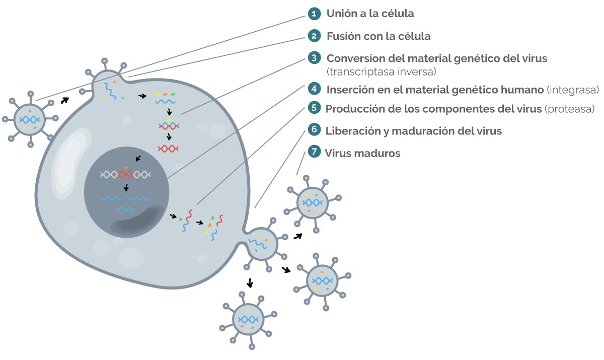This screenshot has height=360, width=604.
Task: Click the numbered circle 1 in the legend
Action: pyautogui.click(x=314, y=14)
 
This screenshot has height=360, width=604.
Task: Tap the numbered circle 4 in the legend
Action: pyautogui.click(x=314, y=90)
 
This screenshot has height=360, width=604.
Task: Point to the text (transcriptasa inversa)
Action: pyautogui.click(x=381, y=71)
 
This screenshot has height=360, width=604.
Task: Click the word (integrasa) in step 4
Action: pyautogui.click(x=573, y=90)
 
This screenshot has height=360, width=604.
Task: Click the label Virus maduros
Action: pyautogui.click(x=362, y=153)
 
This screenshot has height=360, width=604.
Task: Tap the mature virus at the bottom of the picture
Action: pyautogui.click(x=248, y=320)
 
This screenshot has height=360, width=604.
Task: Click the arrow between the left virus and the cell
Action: pyautogui.click(x=64, y=100)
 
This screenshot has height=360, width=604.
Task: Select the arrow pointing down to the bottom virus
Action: pyautogui.click(x=250, y=282)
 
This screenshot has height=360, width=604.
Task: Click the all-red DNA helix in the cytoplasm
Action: pyautogui.click(x=168, y=149)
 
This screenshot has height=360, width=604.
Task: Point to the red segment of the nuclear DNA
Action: pyautogui.click(x=125, y=175)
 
